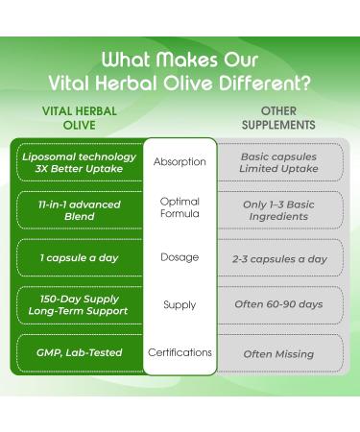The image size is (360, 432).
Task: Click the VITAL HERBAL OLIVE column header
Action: point(80,118)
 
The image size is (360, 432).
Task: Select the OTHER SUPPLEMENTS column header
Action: point(278,118)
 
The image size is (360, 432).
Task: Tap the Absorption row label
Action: point(180,162)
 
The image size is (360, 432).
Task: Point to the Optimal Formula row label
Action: point(180,208)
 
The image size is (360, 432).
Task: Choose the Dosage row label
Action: point(180,257)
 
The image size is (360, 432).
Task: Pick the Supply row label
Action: point(180,304)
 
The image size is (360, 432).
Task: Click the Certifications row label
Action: point(180,352)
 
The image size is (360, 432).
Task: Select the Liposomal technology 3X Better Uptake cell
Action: point(80,162)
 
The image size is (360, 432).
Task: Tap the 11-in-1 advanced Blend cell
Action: point(80,209)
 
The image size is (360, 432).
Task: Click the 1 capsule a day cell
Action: point(80,258)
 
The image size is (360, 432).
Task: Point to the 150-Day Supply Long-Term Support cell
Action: point(80,305)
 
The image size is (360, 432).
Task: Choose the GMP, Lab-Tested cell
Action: point(80,353)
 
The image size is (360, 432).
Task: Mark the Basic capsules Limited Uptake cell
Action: point(278,162)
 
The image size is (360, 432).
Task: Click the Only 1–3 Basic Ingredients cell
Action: point(278,209)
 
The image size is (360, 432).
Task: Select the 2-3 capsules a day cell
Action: point(278,258)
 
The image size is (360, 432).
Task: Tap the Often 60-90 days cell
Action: point(278,305)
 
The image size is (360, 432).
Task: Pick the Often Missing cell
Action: point(278,353)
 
